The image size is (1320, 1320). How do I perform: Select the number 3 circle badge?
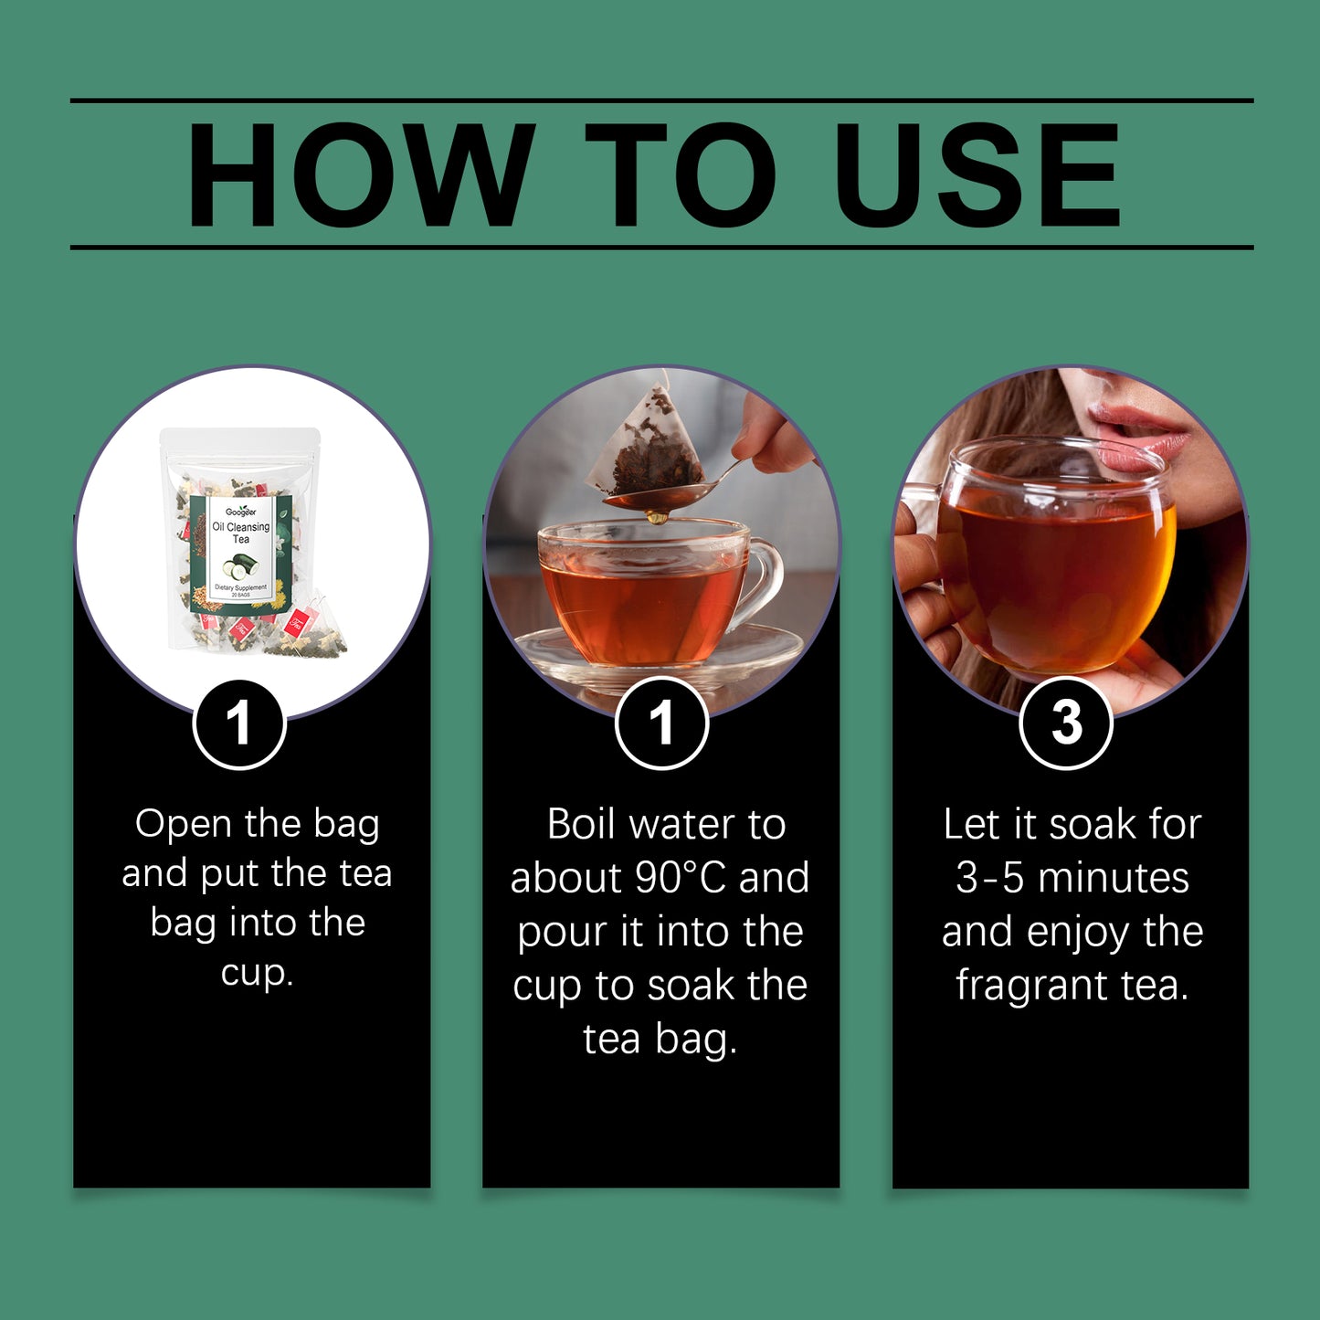1065,723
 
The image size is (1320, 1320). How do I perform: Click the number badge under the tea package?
239,723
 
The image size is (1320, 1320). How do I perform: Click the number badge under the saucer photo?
661,723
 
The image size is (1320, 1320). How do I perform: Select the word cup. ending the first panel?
257,973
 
